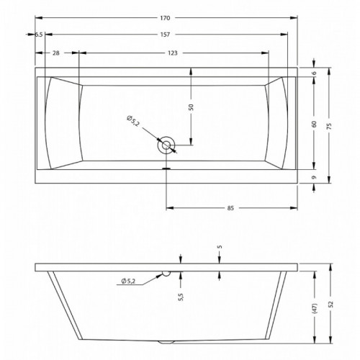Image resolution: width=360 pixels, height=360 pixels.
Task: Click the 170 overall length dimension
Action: tap(165, 18)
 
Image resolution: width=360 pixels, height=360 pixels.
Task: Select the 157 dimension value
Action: tap(165, 35)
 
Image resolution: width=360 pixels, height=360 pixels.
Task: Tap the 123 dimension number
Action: tap(173, 53)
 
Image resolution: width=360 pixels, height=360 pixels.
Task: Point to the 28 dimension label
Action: tap(56, 53)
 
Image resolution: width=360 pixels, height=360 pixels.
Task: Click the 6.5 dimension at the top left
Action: tap(39, 35)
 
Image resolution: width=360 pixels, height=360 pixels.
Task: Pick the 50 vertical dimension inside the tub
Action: tap(191, 107)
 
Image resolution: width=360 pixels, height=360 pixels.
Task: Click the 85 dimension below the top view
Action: tap(230, 208)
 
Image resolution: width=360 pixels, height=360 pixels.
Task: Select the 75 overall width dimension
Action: tap(329, 126)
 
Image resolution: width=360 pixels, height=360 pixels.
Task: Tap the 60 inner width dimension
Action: tap(314, 124)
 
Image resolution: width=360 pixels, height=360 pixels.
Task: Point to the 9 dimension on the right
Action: tap(314, 177)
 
